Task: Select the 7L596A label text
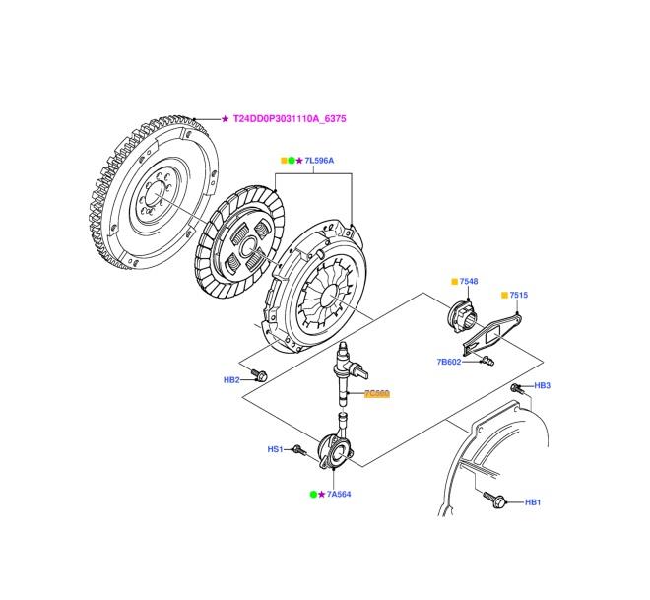pyautogui.click(x=319, y=160)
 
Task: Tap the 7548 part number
pyautogui.click(x=469, y=282)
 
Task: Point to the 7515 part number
pyautogui.click(x=519, y=296)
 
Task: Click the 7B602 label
pyautogui.click(x=449, y=362)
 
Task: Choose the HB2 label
pyautogui.click(x=232, y=378)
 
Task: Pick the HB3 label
pyautogui.click(x=542, y=385)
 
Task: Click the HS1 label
pyautogui.click(x=275, y=449)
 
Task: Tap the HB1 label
pyautogui.click(x=533, y=502)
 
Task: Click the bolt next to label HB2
pyautogui.click(x=260, y=375)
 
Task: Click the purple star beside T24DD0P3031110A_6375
pyautogui.click(x=225, y=119)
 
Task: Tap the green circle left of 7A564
pyautogui.click(x=313, y=494)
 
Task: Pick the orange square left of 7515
pyautogui.click(x=504, y=296)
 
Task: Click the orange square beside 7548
pyautogui.click(x=454, y=282)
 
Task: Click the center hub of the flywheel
pyautogui.click(x=151, y=195)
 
